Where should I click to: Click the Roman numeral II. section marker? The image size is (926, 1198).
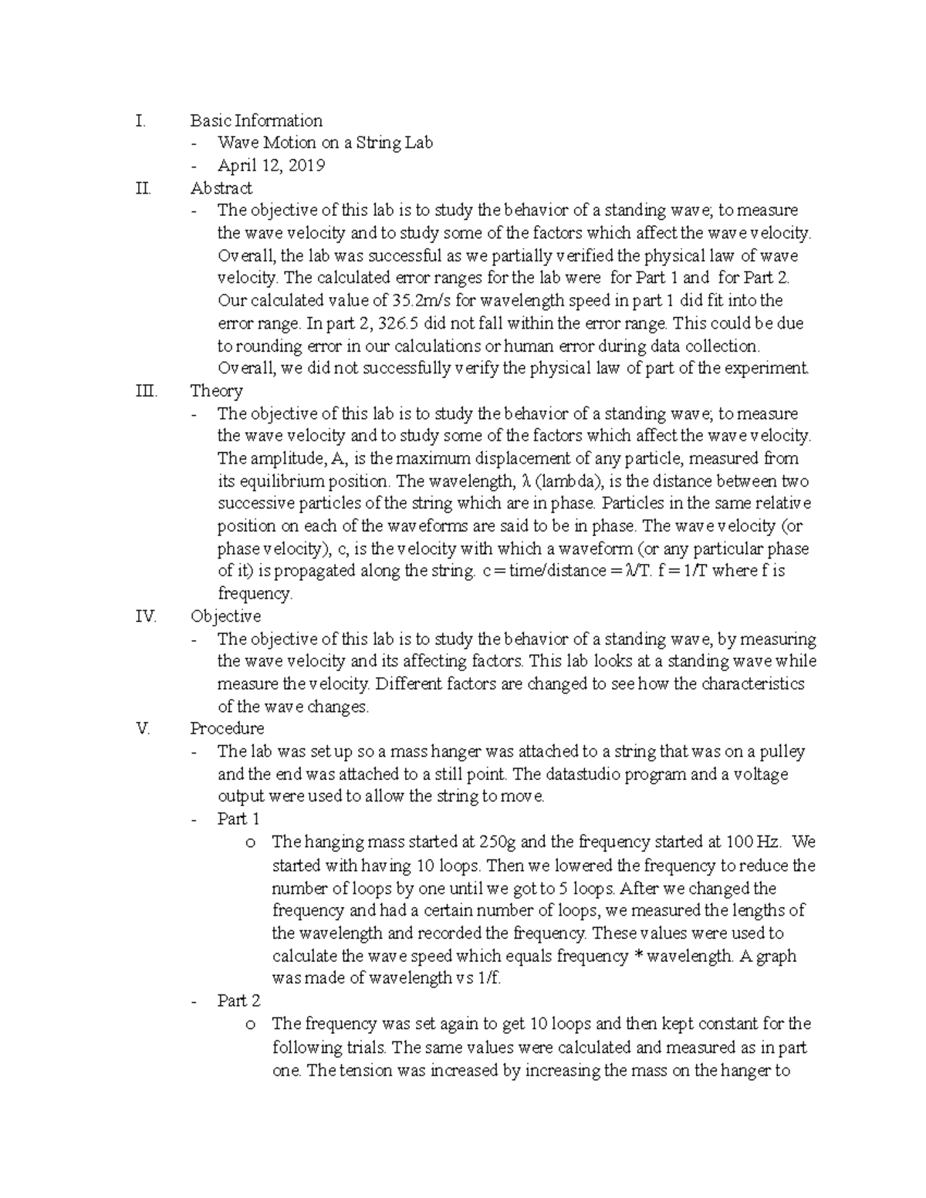click(x=143, y=187)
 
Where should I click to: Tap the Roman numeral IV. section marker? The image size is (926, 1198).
click(x=145, y=616)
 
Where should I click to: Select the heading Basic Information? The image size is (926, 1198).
click(x=256, y=120)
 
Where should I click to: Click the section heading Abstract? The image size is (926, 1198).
click(x=221, y=187)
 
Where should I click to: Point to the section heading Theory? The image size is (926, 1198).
click(x=216, y=391)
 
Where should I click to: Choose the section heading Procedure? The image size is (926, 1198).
click(x=227, y=728)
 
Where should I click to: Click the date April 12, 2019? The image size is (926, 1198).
click(x=271, y=165)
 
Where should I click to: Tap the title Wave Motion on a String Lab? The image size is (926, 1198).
click(x=325, y=143)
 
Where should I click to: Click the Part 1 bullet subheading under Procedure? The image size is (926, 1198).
click(x=238, y=818)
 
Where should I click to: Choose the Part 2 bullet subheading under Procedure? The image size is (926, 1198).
click(x=238, y=1001)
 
